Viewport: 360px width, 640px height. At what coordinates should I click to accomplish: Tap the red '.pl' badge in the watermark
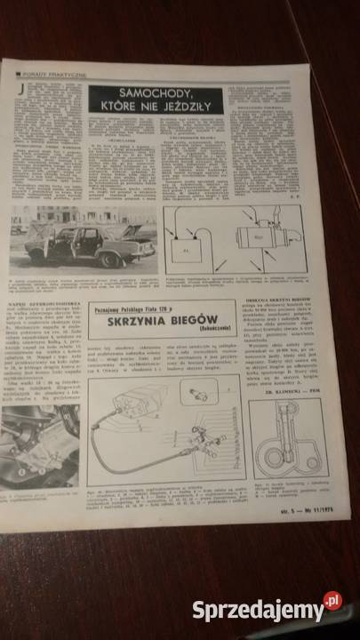pyautogui.click(x=331, y=602)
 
